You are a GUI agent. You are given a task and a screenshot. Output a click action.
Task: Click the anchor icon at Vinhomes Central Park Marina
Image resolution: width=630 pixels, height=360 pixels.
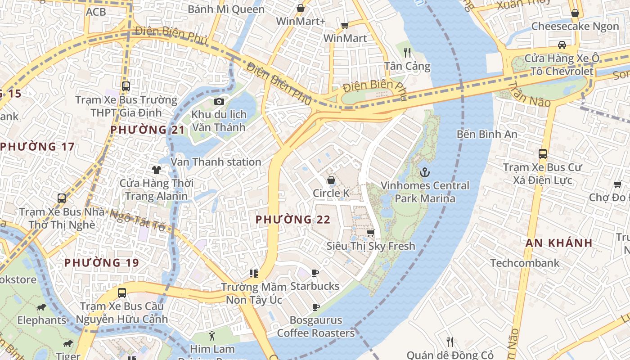[x=424, y=172]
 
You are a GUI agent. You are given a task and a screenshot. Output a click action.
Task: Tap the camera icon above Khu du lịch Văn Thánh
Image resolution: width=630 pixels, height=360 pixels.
[x=219, y=101]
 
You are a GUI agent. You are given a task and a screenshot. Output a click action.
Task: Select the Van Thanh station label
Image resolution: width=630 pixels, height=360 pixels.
[x=216, y=162]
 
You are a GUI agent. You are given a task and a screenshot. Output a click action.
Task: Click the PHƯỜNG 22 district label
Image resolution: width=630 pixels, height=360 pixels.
[x=293, y=220]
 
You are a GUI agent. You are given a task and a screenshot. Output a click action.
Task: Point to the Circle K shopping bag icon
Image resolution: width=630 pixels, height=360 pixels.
[x=331, y=180]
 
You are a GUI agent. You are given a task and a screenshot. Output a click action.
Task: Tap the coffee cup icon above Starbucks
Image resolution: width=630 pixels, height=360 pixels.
[x=315, y=273]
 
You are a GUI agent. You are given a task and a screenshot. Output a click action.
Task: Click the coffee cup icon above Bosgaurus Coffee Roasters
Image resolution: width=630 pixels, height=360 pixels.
[x=316, y=307]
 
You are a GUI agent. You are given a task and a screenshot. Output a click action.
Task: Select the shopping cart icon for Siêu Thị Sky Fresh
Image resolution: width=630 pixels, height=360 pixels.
[x=370, y=233]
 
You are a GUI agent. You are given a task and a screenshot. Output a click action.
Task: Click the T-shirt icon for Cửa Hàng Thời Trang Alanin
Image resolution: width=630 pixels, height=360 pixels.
[x=156, y=170]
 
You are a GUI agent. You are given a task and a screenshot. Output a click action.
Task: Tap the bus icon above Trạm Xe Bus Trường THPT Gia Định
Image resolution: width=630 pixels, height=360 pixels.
[x=126, y=86]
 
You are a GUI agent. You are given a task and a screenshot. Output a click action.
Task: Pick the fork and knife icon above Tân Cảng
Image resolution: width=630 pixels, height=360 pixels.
[x=407, y=53]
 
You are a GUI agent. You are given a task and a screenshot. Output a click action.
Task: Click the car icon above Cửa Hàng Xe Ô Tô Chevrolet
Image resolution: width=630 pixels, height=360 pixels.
[x=562, y=45]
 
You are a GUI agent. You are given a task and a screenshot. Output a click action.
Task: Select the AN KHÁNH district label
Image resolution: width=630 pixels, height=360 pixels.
[x=559, y=243]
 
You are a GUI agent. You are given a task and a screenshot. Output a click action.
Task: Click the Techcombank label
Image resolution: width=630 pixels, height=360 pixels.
[x=525, y=263]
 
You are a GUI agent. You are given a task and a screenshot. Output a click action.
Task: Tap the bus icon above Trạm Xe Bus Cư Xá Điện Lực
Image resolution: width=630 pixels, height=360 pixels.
[x=543, y=154]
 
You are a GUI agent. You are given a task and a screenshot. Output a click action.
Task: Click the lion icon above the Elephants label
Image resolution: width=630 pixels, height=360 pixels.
[x=41, y=307]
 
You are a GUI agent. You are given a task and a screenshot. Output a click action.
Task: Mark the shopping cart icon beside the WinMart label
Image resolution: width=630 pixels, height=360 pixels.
[x=345, y=26]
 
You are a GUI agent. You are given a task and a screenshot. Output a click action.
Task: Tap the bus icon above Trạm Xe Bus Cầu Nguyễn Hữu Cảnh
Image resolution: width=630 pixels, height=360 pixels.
[x=121, y=293]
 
